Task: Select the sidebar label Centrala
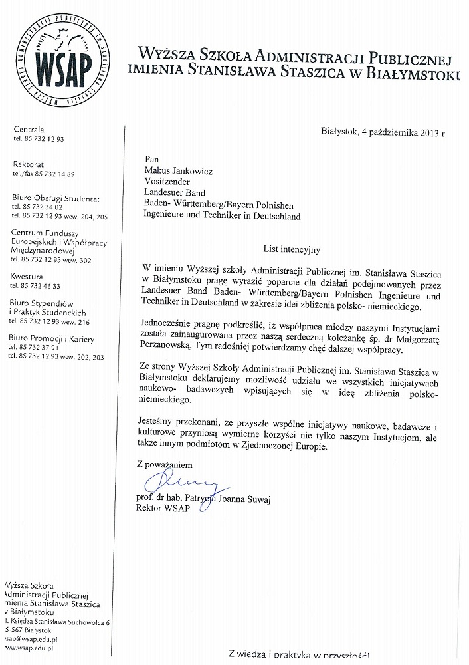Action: (x=29, y=129)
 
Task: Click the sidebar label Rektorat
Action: (x=29, y=164)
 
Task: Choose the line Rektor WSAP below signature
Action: (x=162, y=509)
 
